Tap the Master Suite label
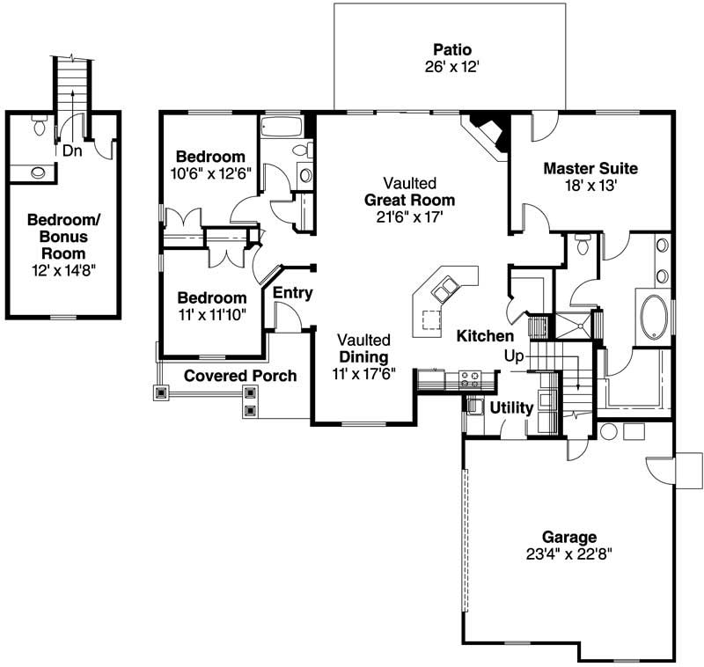point(590,168)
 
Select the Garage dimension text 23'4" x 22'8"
point(568,553)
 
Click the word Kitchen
point(485,336)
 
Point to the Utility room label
point(511,407)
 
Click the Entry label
point(292,293)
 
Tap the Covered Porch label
point(240,376)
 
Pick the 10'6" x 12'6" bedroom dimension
point(212,172)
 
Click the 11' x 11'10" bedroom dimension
point(211,313)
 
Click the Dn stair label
point(72,150)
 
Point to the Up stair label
point(515,355)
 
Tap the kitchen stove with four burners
point(470,379)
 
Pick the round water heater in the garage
point(608,432)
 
